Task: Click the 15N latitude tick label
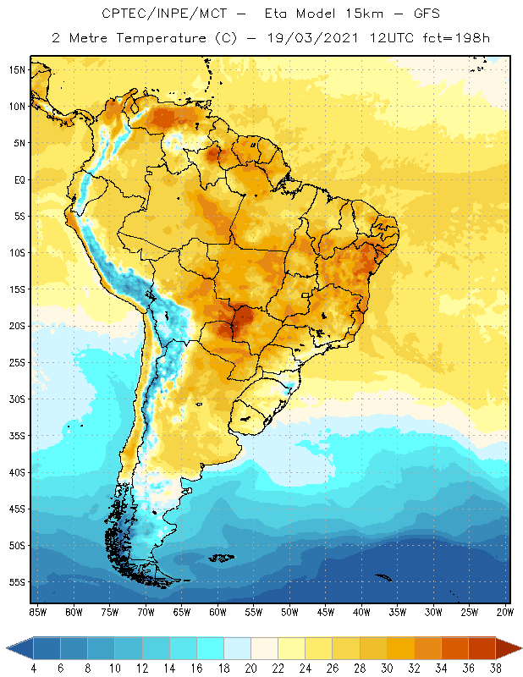[x=16, y=69]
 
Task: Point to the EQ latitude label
[x=18, y=179]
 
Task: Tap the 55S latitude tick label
[x=16, y=582]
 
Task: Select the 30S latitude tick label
[x=16, y=399]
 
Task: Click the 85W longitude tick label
[x=37, y=611]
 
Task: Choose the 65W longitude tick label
[x=181, y=611]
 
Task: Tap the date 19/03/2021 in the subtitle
[x=309, y=38]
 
